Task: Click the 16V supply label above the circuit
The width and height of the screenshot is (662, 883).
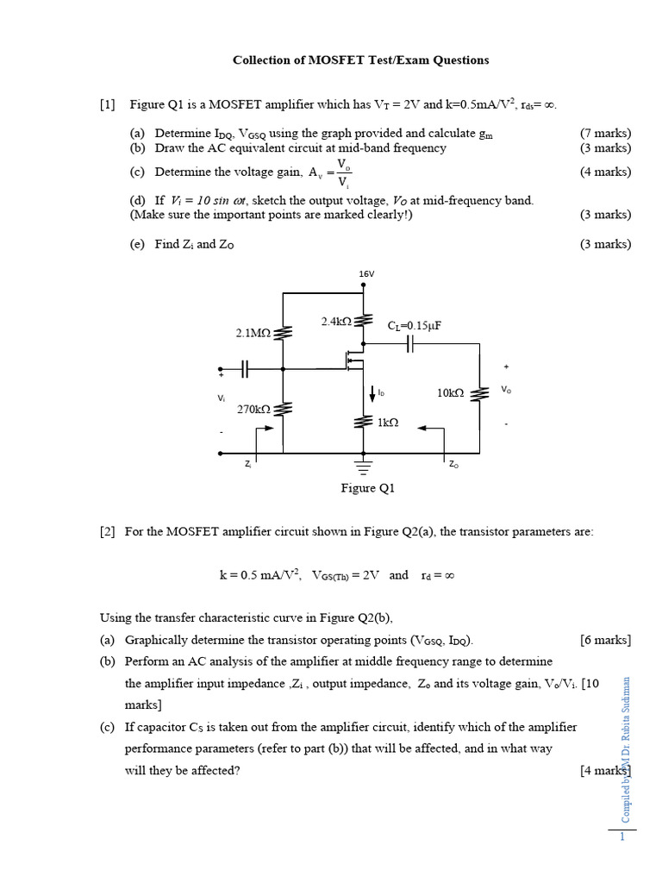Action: [366, 274]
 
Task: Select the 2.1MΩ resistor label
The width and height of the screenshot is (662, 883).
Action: [253, 332]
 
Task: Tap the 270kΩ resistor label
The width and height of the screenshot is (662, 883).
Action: [254, 410]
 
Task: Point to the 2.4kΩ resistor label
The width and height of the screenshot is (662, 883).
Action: [336, 322]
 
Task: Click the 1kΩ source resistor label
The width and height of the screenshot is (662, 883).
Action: [388, 423]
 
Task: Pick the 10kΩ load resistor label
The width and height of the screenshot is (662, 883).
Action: [450, 393]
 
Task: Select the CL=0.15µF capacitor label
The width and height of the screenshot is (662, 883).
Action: [420, 325]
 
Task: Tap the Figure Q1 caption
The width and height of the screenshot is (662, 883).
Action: [367, 489]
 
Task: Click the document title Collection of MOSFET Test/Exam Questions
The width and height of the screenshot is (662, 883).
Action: [360, 60]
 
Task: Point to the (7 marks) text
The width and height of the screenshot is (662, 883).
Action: [605, 134]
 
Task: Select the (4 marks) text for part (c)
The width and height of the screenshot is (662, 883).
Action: [605, 172]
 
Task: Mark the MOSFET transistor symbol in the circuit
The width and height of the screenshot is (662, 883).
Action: [353, 357]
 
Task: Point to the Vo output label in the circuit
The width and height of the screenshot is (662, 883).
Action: [506, 390]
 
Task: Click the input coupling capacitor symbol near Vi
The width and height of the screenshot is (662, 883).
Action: [245, 368]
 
